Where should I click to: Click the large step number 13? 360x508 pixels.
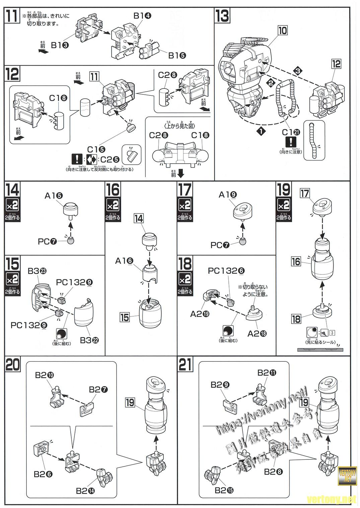(222, 16)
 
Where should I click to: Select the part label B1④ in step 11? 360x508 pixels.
(142, 16)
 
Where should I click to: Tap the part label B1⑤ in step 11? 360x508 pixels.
(177, 56)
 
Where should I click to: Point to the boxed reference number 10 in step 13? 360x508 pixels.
(283, 30)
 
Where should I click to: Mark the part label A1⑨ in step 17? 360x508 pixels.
(228, 194)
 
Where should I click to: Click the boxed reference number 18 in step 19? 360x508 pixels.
(296, 319)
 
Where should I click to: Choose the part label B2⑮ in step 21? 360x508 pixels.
(224, 490)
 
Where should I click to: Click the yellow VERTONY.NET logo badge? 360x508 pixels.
(347, 475)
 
